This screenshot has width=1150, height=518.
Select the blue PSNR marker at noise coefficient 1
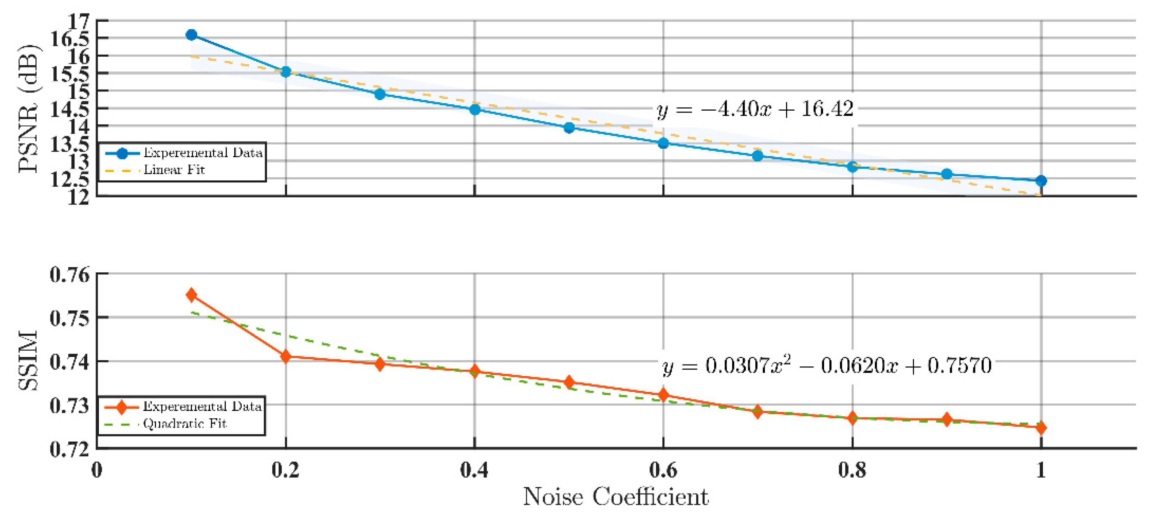click(x=1041, y=180)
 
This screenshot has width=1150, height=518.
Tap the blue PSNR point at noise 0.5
click(x=569, y=128)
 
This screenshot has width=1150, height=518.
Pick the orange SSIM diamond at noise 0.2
click(x=286, y=356)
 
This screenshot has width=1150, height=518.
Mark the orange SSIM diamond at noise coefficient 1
click(x=1041, y=428)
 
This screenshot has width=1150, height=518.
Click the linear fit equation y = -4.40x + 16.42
click(x=755, y=109)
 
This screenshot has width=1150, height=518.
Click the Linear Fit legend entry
click(x=174, y=170)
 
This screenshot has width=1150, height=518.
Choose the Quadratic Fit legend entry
click(x=184, y=423)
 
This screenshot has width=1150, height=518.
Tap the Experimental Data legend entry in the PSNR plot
click(x=202, y=153)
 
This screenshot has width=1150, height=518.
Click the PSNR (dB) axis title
click(x=29, y=108)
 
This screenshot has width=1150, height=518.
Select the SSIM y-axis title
click(x=28, y=360)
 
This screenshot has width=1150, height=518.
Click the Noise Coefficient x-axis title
click(x=615, y=497)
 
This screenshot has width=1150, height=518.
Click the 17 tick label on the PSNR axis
click(x=79, y=21)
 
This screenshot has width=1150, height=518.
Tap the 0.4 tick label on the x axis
click(x=474, y=470)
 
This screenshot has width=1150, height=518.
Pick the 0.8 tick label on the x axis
click(x=852, y=470)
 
